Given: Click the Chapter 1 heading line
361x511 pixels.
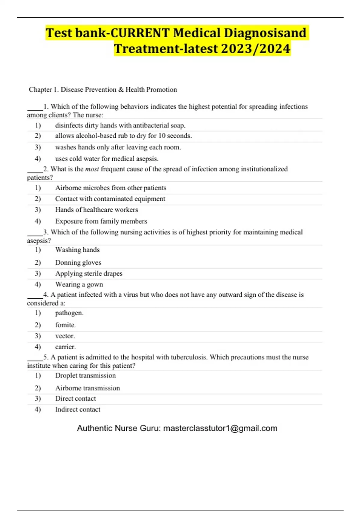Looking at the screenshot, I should [103, 90].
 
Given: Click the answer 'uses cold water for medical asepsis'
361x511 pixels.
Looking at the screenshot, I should [106, 159].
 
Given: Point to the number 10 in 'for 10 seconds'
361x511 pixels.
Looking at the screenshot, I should [162, 136].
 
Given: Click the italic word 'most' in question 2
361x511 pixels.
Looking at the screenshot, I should [92, 169].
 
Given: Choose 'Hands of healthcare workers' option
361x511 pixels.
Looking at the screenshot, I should [96, 210].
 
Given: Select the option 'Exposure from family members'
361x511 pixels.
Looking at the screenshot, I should [101, 221].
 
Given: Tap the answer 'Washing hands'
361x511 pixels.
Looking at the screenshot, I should [77, 250].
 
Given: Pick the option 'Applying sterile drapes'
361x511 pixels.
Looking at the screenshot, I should [89, 274].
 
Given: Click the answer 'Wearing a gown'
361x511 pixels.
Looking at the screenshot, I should [79, 284].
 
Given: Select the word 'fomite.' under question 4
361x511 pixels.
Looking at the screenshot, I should [65, 325].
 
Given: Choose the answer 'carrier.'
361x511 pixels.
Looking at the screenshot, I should [65, 347].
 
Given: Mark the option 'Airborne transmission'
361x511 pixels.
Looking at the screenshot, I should [87, 388].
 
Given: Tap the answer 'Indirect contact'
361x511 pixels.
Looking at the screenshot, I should [78, 409].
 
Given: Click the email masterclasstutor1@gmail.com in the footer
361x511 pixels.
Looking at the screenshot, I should [220, 428].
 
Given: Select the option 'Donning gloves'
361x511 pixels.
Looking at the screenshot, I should [78, 263].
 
